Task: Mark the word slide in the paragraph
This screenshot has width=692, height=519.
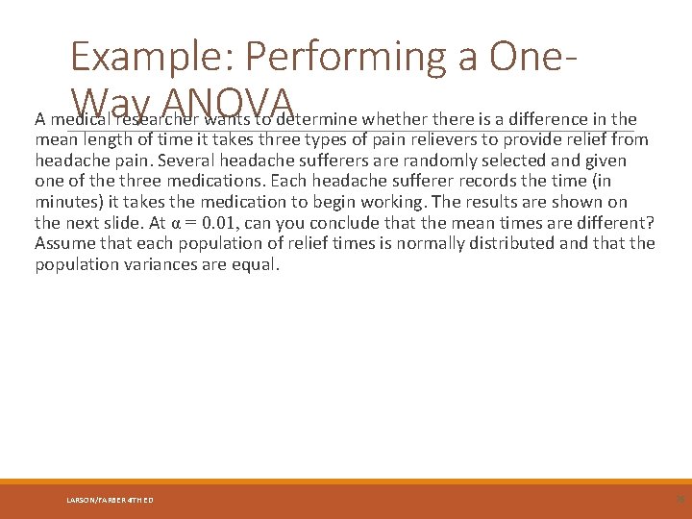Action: pyautogui.click(x=131, y=223)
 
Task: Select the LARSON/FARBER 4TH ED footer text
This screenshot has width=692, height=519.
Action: pyautogui.click(x=110, y=500)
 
